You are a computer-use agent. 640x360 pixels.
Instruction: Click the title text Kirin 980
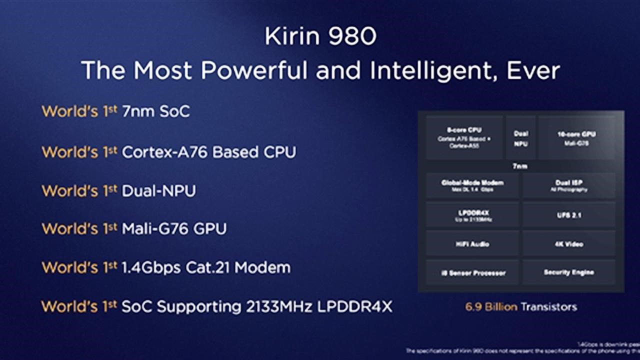tap(320, 36)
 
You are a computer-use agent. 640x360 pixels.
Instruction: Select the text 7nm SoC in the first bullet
tap(156, 111)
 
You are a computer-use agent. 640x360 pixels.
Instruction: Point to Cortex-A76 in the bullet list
tap(164, 151)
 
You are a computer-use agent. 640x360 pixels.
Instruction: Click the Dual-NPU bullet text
tap(159, 190)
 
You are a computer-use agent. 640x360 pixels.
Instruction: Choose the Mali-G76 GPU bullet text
tap(174, 229)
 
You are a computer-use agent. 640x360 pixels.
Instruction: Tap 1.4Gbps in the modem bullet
tap(150, 267)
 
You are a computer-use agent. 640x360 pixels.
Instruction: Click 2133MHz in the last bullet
tap(279, 306)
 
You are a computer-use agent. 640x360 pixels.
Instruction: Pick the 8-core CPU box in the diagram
tap(464, 137)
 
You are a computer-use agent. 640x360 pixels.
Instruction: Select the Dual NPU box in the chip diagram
tap(520, 138)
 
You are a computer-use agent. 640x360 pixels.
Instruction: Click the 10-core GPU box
tap(576, 137)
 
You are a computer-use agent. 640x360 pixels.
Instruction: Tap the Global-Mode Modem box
tap(472, 185)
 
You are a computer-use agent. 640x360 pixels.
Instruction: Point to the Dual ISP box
tap(569, 185)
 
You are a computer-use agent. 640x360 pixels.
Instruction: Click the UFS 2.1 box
tap(569, 215)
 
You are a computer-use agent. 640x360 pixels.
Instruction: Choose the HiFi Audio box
tap(472, 244)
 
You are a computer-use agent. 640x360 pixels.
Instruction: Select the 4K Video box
tap(569, 244)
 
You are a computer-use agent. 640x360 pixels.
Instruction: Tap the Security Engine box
tap(569, 272)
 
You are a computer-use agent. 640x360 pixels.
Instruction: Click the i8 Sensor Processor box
tap(472, 272)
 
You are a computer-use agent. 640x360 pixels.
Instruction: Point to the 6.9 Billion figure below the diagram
tap(491, 306)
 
